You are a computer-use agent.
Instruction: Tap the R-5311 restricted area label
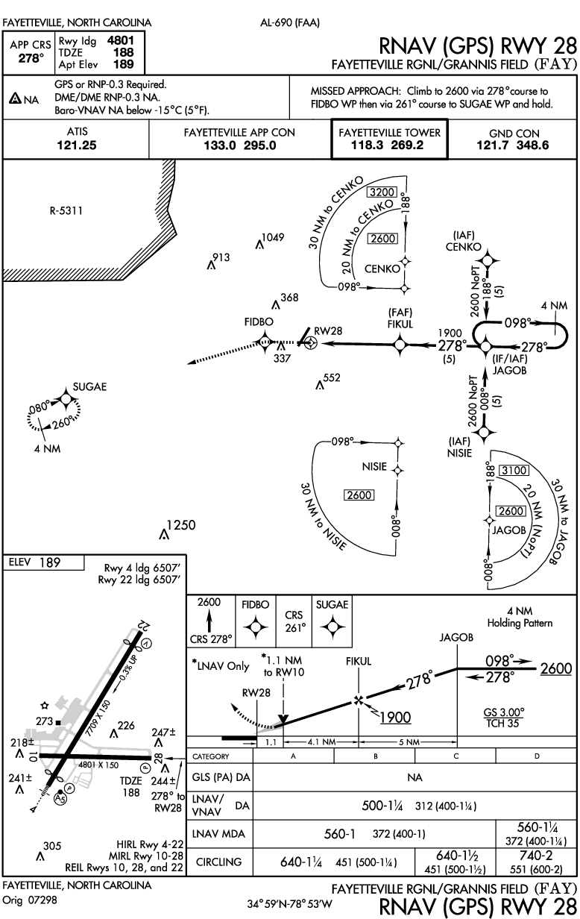pos(66,211)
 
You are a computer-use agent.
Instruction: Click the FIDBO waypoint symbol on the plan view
pos(264,342)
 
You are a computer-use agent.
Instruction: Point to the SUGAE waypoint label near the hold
pos(89,386)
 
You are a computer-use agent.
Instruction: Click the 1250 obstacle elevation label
pos(181,525)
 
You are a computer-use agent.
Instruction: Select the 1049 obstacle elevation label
pos(274,237)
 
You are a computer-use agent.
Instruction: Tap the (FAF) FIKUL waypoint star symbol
pos(400,344)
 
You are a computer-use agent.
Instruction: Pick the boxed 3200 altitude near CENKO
pos(381,192)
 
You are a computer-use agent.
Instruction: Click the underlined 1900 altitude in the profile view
pos(395,718)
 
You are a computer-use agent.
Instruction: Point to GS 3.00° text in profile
pos(503,712)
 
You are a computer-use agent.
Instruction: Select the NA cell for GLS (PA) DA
pos(415,777)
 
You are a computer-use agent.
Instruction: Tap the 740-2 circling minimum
pos(536,856)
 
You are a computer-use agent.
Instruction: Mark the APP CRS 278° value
pos(29,57)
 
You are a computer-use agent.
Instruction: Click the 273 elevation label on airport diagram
pos(43,721)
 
